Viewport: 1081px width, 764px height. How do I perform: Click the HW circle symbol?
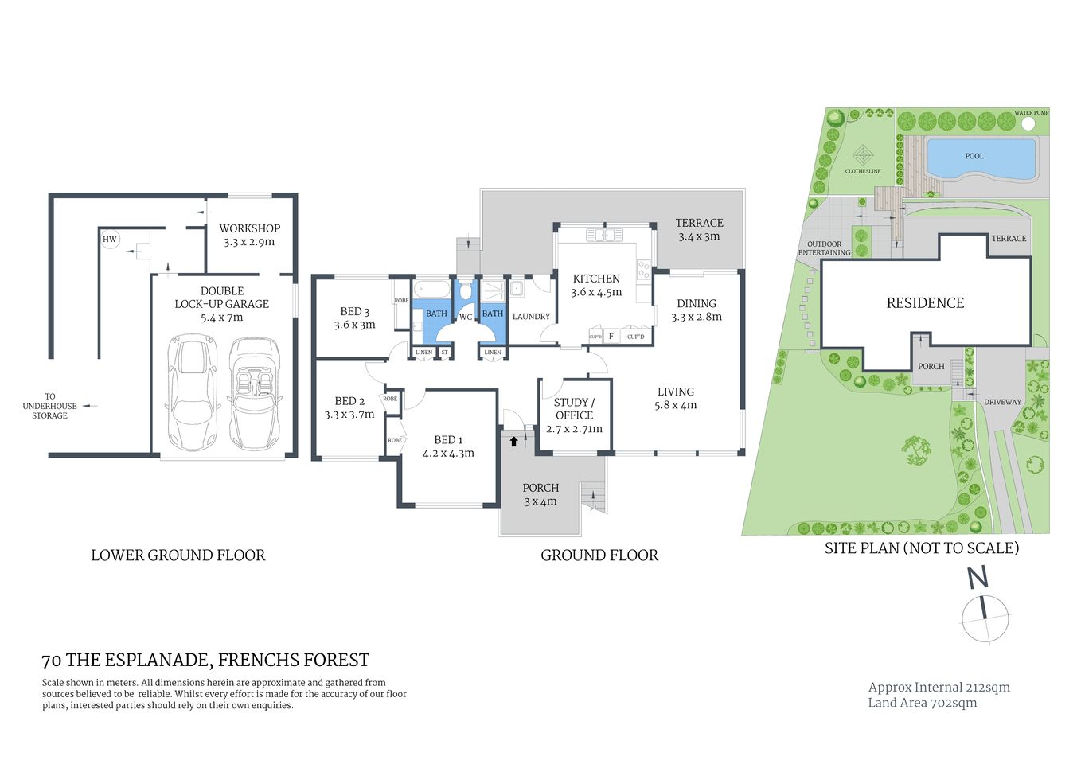[110, 239]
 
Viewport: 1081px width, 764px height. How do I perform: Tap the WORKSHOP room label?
[249, 228]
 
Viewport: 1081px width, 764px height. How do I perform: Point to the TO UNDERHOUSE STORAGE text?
[49, 406]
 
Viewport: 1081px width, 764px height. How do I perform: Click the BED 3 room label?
[354, 312]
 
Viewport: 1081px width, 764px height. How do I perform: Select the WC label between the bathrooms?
[466, 317]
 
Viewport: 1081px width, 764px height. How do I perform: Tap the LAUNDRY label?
[531, 317]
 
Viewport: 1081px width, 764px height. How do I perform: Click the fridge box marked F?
[611, 336]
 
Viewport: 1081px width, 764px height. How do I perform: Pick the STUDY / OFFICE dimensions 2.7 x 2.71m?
[574, 429]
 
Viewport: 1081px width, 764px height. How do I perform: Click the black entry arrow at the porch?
[513, 440]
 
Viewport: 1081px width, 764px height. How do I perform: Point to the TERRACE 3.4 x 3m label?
[699, 229]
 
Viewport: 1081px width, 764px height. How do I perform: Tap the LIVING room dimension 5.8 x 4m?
[675, 405]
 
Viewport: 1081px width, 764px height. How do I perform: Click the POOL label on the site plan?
[974, 156]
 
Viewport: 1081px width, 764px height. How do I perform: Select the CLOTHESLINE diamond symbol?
[863, 155]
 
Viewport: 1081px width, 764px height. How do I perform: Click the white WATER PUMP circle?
[1028, 124]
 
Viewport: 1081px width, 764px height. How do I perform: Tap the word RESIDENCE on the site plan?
[925, 303]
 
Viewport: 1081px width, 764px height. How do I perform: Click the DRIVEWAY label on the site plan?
[1002, 402]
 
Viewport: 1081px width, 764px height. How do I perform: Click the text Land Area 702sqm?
[922, 703]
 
